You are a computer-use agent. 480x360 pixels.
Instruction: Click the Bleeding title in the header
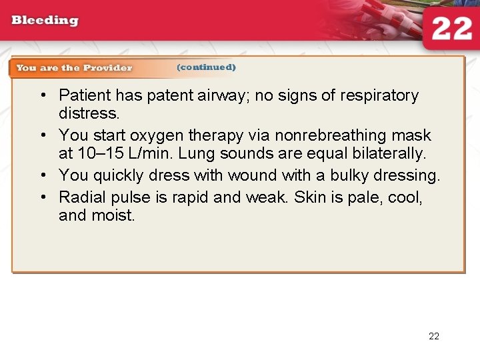[45, 20]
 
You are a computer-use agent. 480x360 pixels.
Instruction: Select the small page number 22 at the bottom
[434, 336]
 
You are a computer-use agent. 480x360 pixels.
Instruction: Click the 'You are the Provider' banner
[74, 67]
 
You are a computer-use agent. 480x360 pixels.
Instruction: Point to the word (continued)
[206, 67]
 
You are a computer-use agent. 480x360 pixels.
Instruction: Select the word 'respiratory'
[379, 96]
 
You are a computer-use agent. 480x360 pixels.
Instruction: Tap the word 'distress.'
[88, 114]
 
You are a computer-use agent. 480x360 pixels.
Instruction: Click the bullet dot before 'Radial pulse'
[41, 198]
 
